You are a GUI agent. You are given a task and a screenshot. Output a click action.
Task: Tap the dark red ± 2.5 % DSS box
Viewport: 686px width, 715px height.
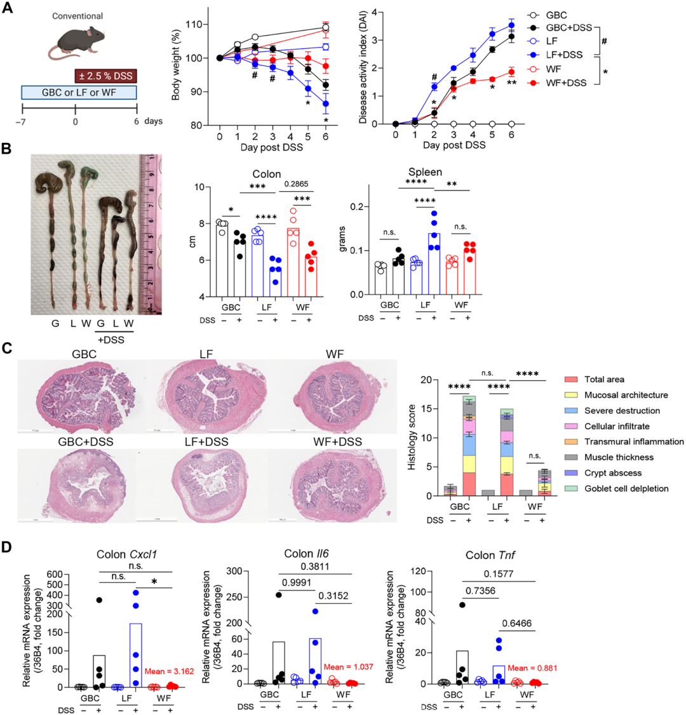(107, 77)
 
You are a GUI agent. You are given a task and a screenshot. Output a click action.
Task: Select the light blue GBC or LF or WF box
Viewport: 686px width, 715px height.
(79, 93)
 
